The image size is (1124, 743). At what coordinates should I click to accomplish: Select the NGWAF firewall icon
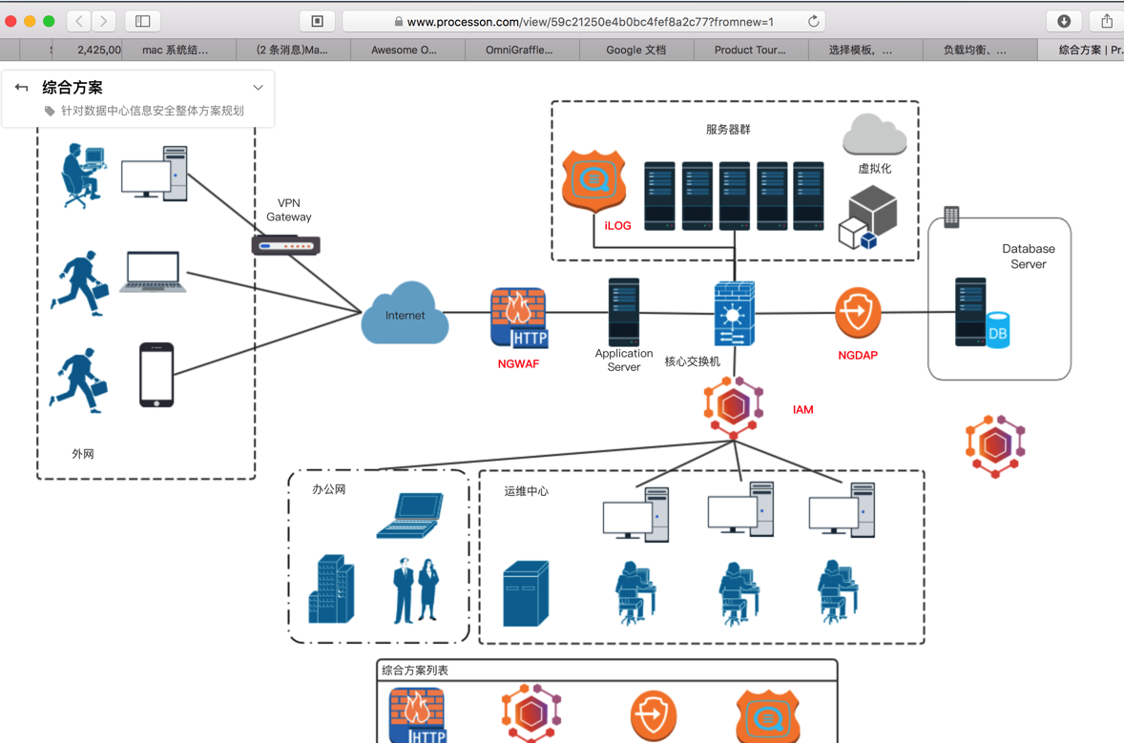coord(518,318)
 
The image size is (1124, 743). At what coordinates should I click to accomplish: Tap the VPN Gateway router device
coord(285,245)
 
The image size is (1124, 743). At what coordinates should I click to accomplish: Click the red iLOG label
coord(617,226)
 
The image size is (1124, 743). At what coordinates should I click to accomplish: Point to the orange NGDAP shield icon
coord(857,313)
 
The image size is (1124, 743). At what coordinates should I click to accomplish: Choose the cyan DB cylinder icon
coord(997,331)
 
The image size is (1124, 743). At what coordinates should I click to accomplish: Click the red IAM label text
coord(802,410)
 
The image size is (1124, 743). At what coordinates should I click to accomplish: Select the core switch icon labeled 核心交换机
coord(734,313)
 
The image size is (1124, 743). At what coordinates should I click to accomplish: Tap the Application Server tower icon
coord(623,312)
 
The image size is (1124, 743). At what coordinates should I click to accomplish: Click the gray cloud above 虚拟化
coord(874,134)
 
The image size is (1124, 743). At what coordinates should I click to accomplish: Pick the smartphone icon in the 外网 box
coord(156,375)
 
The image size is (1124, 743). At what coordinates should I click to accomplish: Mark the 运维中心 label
coord(526,491)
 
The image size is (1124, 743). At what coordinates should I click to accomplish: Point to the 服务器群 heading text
coord(728,130)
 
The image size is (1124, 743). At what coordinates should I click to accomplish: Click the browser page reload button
coord(813,21)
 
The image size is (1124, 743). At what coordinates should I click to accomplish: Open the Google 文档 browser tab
coord(636,50)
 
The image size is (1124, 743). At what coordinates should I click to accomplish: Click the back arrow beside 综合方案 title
coord(22,88)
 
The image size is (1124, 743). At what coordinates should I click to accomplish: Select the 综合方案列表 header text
coord(415,671)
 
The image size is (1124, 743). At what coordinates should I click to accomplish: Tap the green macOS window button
coord(49,21)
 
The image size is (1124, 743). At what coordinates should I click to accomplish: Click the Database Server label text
coord(1028,257)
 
